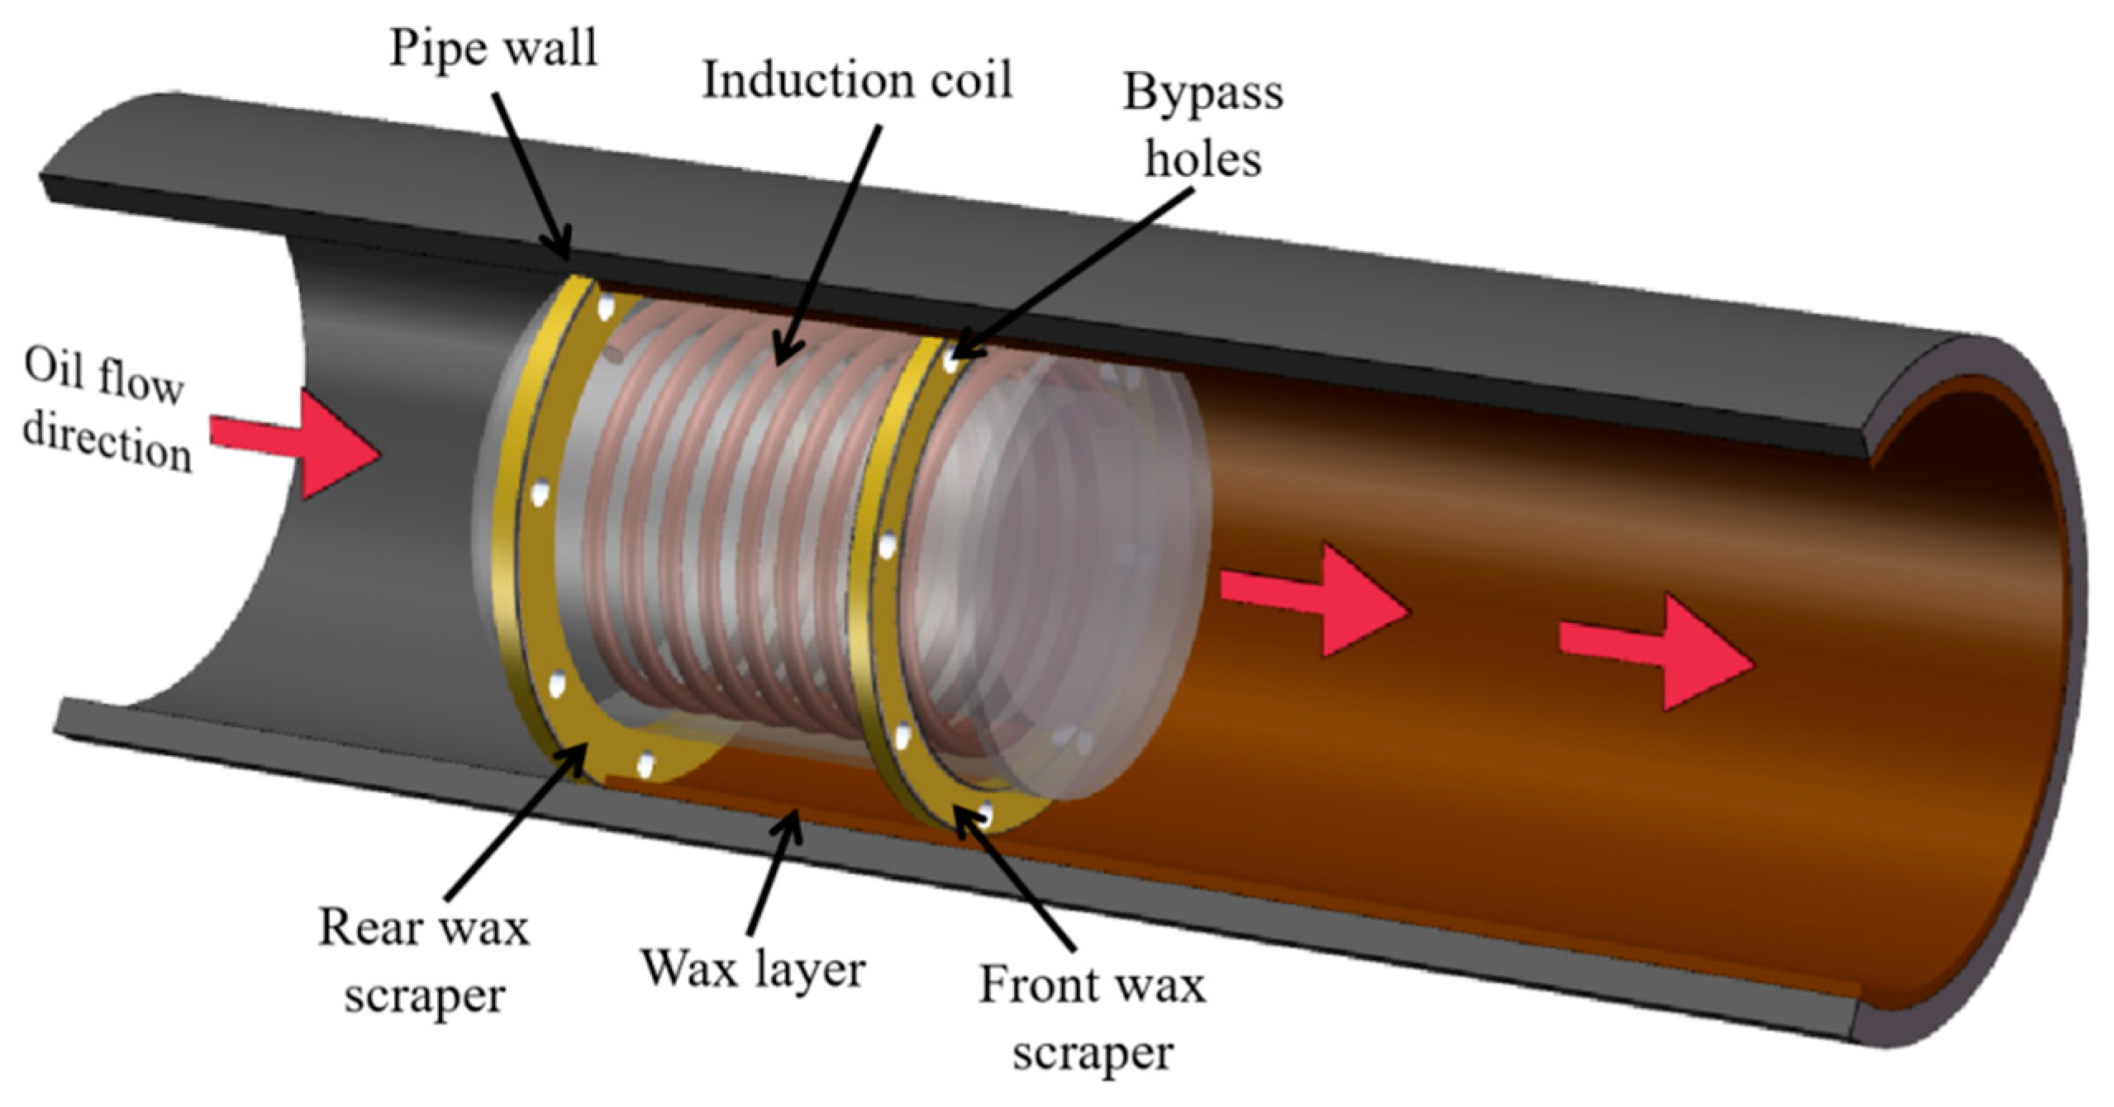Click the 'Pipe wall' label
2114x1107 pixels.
tap(493, 48)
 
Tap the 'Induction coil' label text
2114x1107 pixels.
tap(857, 81)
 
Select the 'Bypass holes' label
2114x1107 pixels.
tap(1202, 126)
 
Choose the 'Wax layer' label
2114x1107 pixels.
tap(753, 967)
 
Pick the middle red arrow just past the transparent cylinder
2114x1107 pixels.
tap(1314, 600)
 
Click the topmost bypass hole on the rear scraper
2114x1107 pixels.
tap(607, 308)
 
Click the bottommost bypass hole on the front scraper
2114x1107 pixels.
tap(985, 814)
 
